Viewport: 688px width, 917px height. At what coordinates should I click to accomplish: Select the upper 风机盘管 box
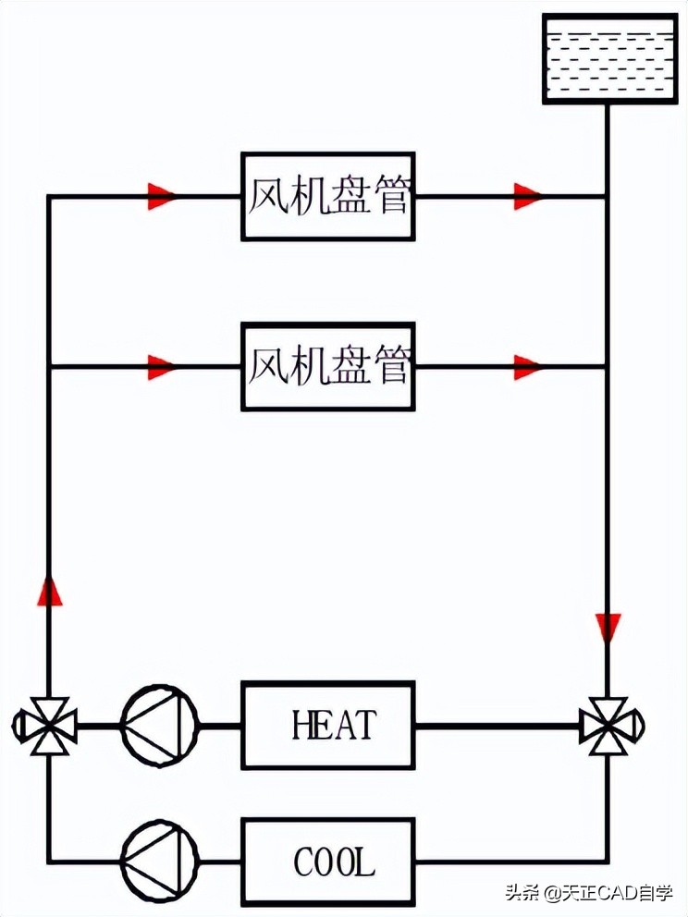coord(327,196)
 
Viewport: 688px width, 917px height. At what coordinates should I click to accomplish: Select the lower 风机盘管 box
coord(327,366)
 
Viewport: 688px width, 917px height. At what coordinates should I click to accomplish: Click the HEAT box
coord(327,725)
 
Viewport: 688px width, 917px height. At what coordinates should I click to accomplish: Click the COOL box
coord(327,862)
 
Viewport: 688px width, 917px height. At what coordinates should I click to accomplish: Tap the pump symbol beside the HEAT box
coord(159,725)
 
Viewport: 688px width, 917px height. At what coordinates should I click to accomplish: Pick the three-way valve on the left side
coord(46,726)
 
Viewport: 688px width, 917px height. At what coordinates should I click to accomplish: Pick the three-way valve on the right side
coord(608,726)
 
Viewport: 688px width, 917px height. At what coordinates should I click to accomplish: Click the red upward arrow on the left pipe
coord(49,590)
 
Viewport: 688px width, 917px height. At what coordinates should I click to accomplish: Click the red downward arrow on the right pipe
coord(608,628)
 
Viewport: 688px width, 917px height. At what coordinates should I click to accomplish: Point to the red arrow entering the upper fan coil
coord(161,196)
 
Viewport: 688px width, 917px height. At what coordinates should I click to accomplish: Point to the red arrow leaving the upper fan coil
coord(528,196)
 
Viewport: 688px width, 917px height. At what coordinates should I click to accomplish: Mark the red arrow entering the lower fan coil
coord(161,366)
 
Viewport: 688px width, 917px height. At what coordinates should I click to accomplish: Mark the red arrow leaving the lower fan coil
coord(528,366)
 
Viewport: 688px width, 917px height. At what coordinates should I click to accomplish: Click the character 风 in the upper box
coord(265,196)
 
